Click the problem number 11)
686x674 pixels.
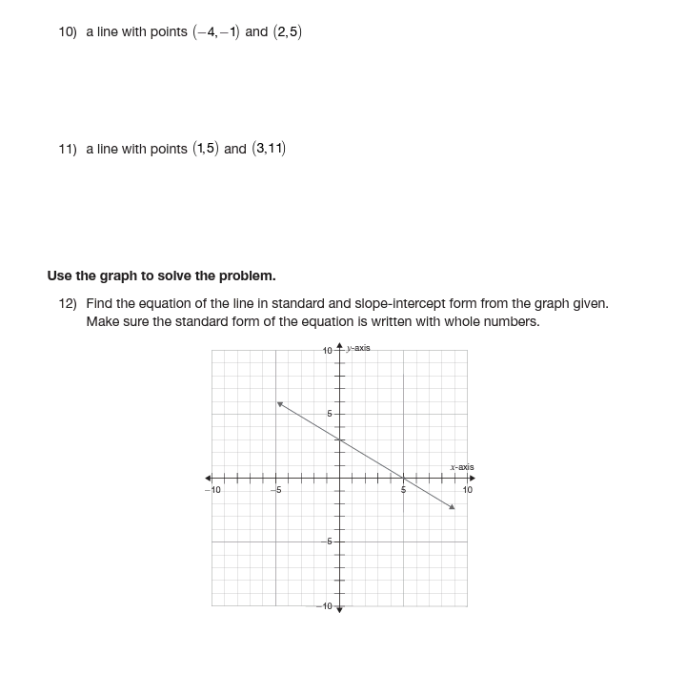coord(67,150)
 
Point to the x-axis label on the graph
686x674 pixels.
coord(461,467)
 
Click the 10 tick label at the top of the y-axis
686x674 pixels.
coord(327,351)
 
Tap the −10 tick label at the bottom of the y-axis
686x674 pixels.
coord(325,606)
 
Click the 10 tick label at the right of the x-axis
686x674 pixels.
coord(467,490)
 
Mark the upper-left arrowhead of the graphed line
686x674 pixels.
coord(280,404)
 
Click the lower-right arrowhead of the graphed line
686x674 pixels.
coord(452,506)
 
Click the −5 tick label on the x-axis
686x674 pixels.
coord(275,490)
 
